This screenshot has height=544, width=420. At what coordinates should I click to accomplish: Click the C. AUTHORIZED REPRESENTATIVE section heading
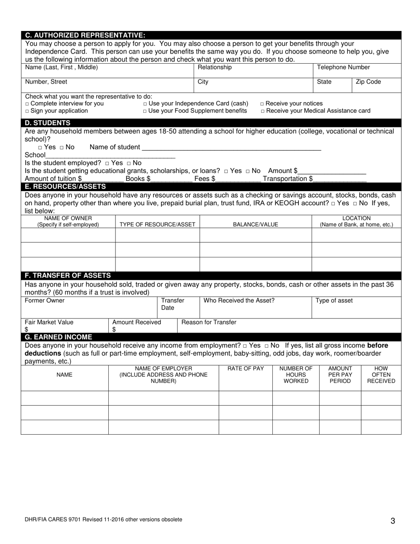(85, 35)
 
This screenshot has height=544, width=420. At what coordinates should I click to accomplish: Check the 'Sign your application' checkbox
(27, 111)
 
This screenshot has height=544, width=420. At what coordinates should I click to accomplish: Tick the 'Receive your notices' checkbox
(263, 104)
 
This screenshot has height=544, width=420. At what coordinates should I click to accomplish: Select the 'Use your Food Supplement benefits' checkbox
(145, 111)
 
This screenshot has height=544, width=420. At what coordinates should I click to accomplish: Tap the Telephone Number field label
(344, 68)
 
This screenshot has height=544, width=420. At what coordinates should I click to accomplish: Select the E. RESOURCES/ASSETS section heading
(65, 187)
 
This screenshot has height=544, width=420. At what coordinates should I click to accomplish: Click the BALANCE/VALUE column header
(256, 225)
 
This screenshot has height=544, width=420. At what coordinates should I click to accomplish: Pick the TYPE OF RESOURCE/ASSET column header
(157, 225)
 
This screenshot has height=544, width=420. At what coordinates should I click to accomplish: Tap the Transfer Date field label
(172, 304)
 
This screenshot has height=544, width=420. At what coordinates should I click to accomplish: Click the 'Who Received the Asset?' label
(239, 301)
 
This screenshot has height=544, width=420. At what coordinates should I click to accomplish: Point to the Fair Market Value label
(49, 322)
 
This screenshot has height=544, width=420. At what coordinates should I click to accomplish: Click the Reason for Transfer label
(209, 322)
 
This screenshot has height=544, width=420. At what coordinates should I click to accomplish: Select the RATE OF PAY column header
(245, 369)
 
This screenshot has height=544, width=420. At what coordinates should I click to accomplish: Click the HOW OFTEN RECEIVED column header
(381, 375)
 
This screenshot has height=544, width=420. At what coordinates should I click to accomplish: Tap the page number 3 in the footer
(393, 521)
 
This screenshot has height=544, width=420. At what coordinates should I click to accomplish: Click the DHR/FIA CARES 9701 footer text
(103, 520)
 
